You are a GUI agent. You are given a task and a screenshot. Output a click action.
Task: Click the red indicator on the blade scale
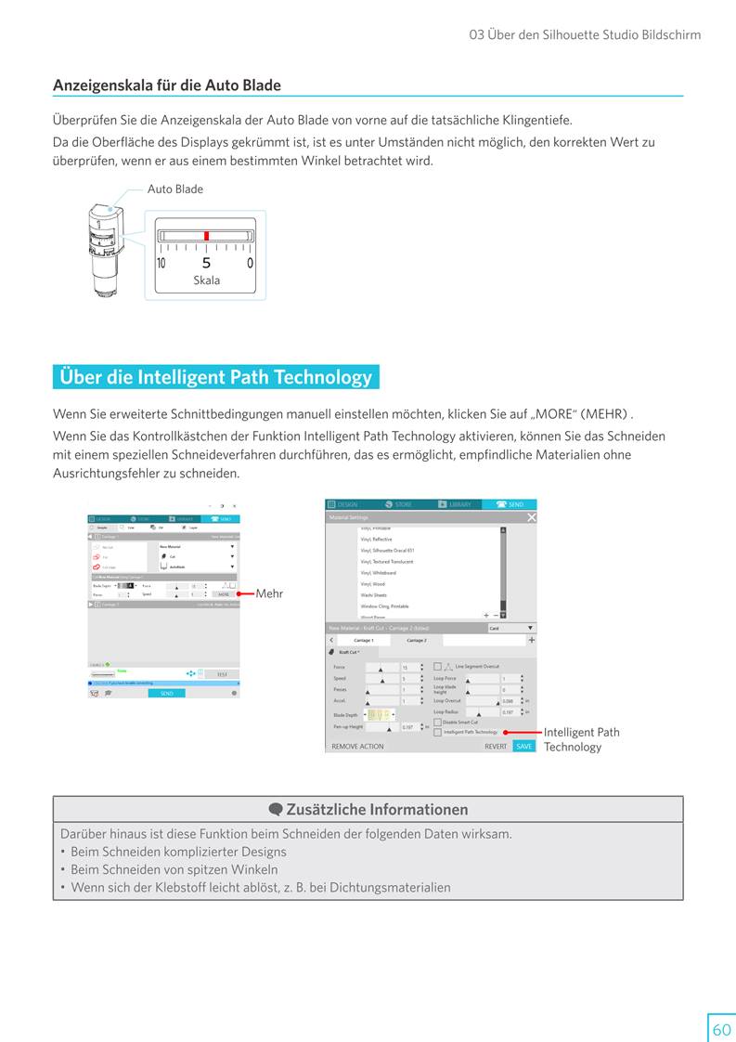coord(206,236)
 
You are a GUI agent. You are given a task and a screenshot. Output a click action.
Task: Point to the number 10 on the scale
coord(161,264)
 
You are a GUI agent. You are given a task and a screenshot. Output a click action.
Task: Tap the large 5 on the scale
coord(206,264)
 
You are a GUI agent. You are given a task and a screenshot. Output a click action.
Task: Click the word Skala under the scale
coord(206,280)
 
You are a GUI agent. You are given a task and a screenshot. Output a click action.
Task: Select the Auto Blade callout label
coord(175,189)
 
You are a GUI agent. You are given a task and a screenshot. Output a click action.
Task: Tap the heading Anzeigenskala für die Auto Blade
coord(167,85)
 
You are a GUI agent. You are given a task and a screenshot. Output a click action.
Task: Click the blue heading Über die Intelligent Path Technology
coord(215,377)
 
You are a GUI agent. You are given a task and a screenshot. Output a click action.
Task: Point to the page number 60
coord(721,1030)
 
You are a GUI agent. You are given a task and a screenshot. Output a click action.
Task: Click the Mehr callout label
coord(269,593)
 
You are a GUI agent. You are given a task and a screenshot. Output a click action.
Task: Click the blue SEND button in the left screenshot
coord(166,693)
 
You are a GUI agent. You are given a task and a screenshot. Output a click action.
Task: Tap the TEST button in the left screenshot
coord(222,674)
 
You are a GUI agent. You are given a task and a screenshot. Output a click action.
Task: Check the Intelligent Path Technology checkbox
coord(438,732)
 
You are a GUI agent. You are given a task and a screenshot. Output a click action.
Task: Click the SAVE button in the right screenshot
coord(524,746)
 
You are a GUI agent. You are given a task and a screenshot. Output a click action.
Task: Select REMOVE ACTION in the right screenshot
coord(357,746)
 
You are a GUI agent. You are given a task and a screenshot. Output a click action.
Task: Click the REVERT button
coord(496,746)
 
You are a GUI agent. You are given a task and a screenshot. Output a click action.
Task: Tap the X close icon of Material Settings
coord(531,517)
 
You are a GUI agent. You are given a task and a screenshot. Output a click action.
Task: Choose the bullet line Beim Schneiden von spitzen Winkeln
coord(174,869)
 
